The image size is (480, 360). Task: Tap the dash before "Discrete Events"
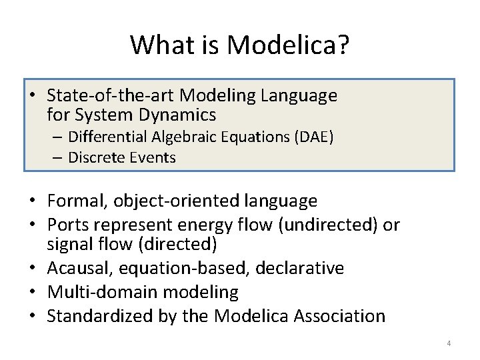pyautogui.click(x=59, y=158)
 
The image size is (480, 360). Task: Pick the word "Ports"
pyautogui.click(x=67, y=225)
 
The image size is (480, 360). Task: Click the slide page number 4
pyautogui.click(x=449, y=343)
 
